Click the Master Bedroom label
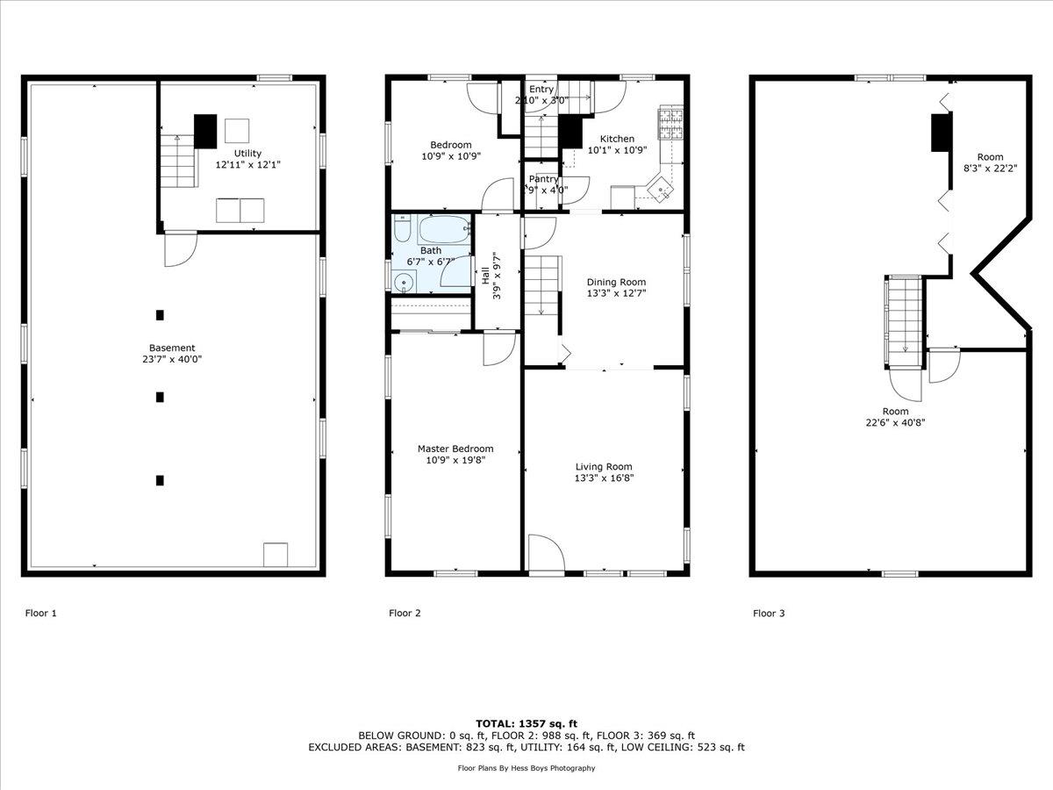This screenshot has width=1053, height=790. [455, 449]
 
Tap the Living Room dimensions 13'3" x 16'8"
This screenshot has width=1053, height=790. [604, 478]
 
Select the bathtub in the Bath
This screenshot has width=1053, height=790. [443, 232]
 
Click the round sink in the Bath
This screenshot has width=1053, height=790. [404, 283]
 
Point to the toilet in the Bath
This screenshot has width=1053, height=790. [401, 233]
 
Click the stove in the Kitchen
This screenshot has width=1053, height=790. [670, 124]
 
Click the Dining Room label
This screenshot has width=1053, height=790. [616, 282]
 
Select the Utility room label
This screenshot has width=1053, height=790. [247, 153]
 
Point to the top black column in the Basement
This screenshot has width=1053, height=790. [160, 315]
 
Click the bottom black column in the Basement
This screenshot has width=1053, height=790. [160, 480]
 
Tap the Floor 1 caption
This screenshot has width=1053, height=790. [40, 614]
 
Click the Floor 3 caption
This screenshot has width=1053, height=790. [769, 614]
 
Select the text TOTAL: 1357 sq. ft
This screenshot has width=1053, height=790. [526, 722]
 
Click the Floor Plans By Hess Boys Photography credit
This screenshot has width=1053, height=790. [526, 768]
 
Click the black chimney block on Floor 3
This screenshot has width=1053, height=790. [941, 133]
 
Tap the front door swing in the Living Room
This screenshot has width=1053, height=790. [545, 554]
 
